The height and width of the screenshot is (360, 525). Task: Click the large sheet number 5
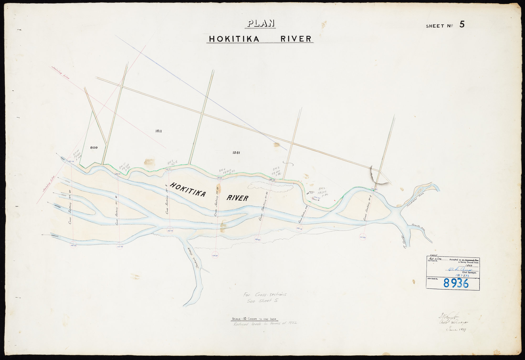point(462,24)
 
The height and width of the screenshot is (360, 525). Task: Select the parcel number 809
point(94,148)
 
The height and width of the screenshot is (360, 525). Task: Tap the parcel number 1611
point(158,131)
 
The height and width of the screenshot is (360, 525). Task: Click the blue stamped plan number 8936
point(456,283)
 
